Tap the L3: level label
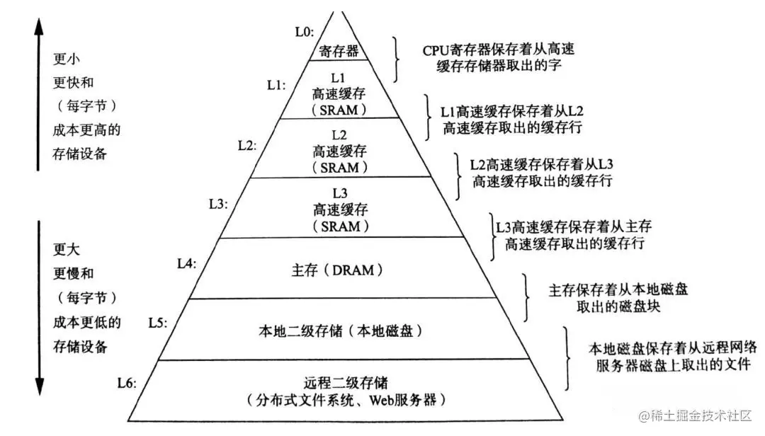[218, 204]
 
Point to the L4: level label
[186, 263]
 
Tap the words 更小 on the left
[67, 58]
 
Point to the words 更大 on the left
[67, 249]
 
